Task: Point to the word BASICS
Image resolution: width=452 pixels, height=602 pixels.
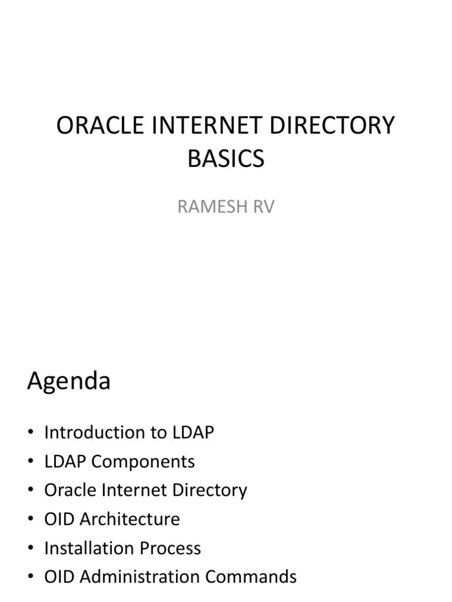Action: pyautogui.click(x=226, y=159)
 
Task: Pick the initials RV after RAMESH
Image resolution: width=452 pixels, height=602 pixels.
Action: pyautogui.click(x=261, y=208)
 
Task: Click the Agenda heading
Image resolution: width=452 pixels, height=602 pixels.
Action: pyautogui.click(x=68, y=382)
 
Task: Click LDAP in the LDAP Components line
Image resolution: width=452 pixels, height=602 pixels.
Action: pyautogui.click(x=64, y=461)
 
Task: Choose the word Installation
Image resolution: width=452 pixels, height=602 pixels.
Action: pyautogui.click(x=81, y=548)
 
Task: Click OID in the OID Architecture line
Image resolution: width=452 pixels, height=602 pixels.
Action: pyautogui.click(x=59, y=519)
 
